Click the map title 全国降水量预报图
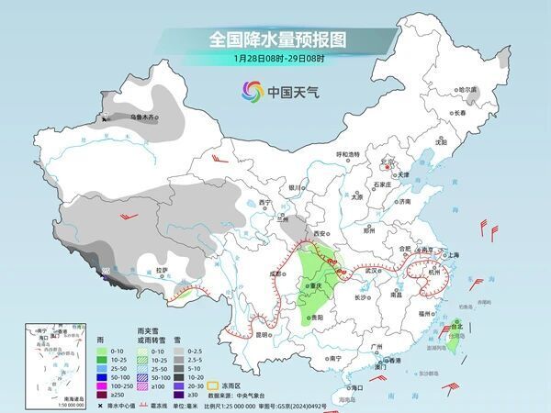275,40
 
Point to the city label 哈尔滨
468,90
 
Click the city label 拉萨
162,270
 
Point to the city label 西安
324,235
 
